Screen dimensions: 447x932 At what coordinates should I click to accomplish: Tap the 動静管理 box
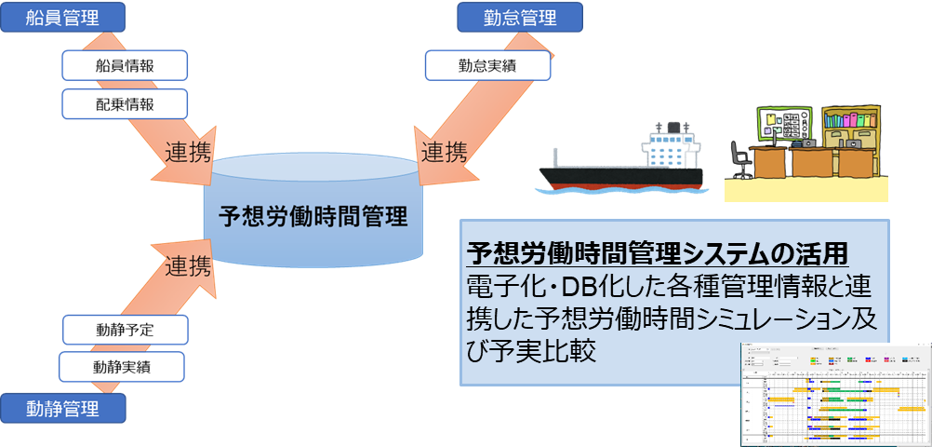click(x=62, y=407)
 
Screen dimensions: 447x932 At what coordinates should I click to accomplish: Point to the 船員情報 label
click(x=126, y=65)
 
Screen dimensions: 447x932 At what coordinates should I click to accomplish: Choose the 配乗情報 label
click(x=126, y=103)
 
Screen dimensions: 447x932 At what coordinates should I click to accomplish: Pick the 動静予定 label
click(x=126, y=329)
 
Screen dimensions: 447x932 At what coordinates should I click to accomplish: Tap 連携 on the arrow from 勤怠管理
click(x=446, y=152)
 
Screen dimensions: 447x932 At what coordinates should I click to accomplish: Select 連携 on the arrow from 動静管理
click(x=189, y=266)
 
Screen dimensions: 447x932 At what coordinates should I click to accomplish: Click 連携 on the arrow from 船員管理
click(x=189, y=151)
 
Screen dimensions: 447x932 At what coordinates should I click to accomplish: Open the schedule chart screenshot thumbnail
click(x=834, y=394)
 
